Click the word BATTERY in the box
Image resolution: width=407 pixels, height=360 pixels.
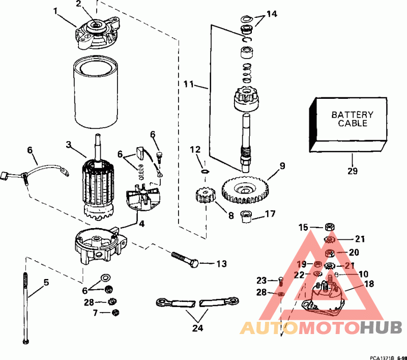tap(353, 115)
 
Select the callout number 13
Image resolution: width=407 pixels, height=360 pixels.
tap(221, 263)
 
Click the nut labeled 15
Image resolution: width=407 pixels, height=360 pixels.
tap(329, 228)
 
